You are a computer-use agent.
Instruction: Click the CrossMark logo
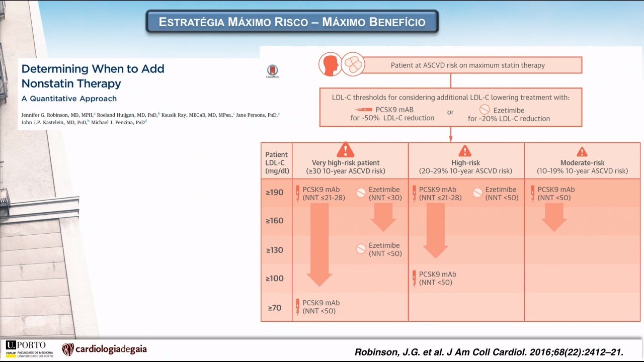coord(272,71)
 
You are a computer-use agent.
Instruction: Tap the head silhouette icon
coord(330,64)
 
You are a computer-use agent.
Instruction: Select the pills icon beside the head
coord(353,64)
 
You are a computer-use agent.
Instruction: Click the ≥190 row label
coord(275,192)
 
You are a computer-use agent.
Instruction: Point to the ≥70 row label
coord(275,308)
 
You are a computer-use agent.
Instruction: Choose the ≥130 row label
coord(275,250)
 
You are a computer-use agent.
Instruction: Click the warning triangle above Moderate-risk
coord(582,152)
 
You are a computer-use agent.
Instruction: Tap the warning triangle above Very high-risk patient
coord(345,149)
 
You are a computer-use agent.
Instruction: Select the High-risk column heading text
coord(465,162)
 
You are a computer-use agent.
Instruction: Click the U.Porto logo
coord(30,349)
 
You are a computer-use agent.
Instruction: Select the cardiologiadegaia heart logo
coord(68,349)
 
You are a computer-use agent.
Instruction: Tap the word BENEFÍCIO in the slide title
coord(373,22)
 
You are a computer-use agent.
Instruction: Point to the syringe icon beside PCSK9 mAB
coord(363,110)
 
